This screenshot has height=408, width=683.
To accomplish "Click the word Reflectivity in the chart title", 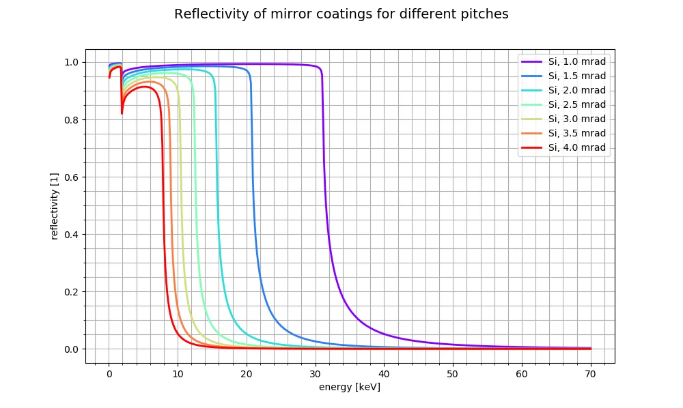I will (x=206, y=14).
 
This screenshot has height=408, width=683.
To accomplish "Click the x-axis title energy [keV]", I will (x=350, y=388).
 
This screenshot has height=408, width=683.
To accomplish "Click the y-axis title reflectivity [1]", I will (x=55, y=205).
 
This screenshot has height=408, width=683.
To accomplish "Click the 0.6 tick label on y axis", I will (x=71, y=177).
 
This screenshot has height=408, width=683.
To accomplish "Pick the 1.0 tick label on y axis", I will (x=71, y=63).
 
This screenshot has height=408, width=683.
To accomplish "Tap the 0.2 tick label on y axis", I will (x=71, y=292).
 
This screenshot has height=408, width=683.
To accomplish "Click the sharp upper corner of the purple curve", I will (x=320, y=68).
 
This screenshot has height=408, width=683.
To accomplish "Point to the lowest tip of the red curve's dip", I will (x=122, y=113).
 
